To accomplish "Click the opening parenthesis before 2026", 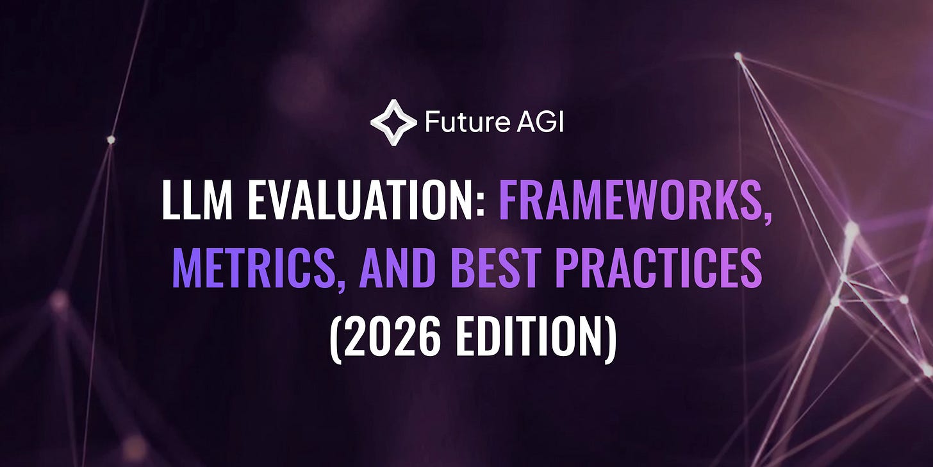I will click(x=336, y=337).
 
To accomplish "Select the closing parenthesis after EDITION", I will click(x=609, y=337).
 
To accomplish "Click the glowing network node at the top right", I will click(x=738, y=56).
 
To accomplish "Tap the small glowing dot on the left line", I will click(x=111, y=139).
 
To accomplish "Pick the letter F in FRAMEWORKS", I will click(x=509, y=199).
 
